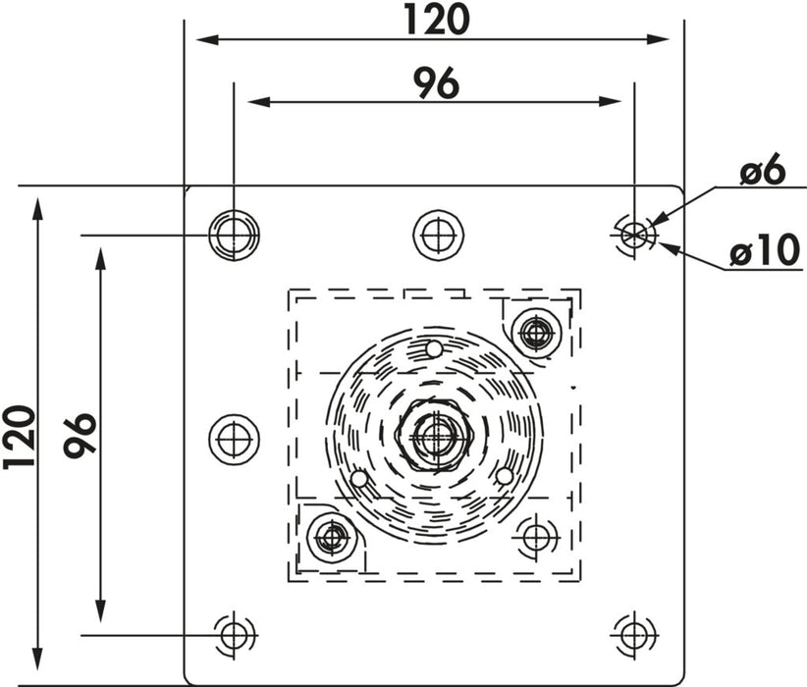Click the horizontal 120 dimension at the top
click(x=437, y=20)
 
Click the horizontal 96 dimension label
click(x=437, y=82)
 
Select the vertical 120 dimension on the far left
click(x=19, y=437)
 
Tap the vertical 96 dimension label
click(x=80, y=436)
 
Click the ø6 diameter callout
click(x=763, y=171)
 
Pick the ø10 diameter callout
click(x=766, y=250)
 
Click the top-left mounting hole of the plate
click(x=235, y=236)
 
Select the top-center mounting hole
click(x=439, y=236)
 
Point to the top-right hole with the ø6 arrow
click(x=634, y=236)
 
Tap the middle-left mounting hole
click(x=235, y=440)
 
